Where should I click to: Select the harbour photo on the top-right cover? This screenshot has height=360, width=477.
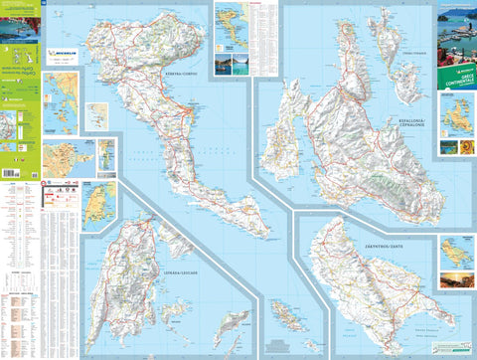click(455, 30)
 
